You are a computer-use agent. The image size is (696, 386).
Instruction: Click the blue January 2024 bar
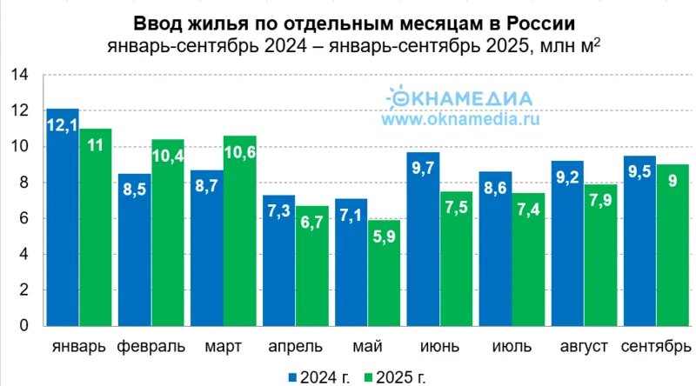[x=63, y=217]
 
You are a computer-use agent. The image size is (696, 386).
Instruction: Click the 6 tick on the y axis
[x=23, y=219]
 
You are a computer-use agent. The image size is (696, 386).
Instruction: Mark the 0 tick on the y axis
[x=23, y=326]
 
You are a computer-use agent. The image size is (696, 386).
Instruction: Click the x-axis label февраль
[x=150, y=347]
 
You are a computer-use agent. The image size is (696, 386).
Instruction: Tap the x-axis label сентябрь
[x=656, y=347]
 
